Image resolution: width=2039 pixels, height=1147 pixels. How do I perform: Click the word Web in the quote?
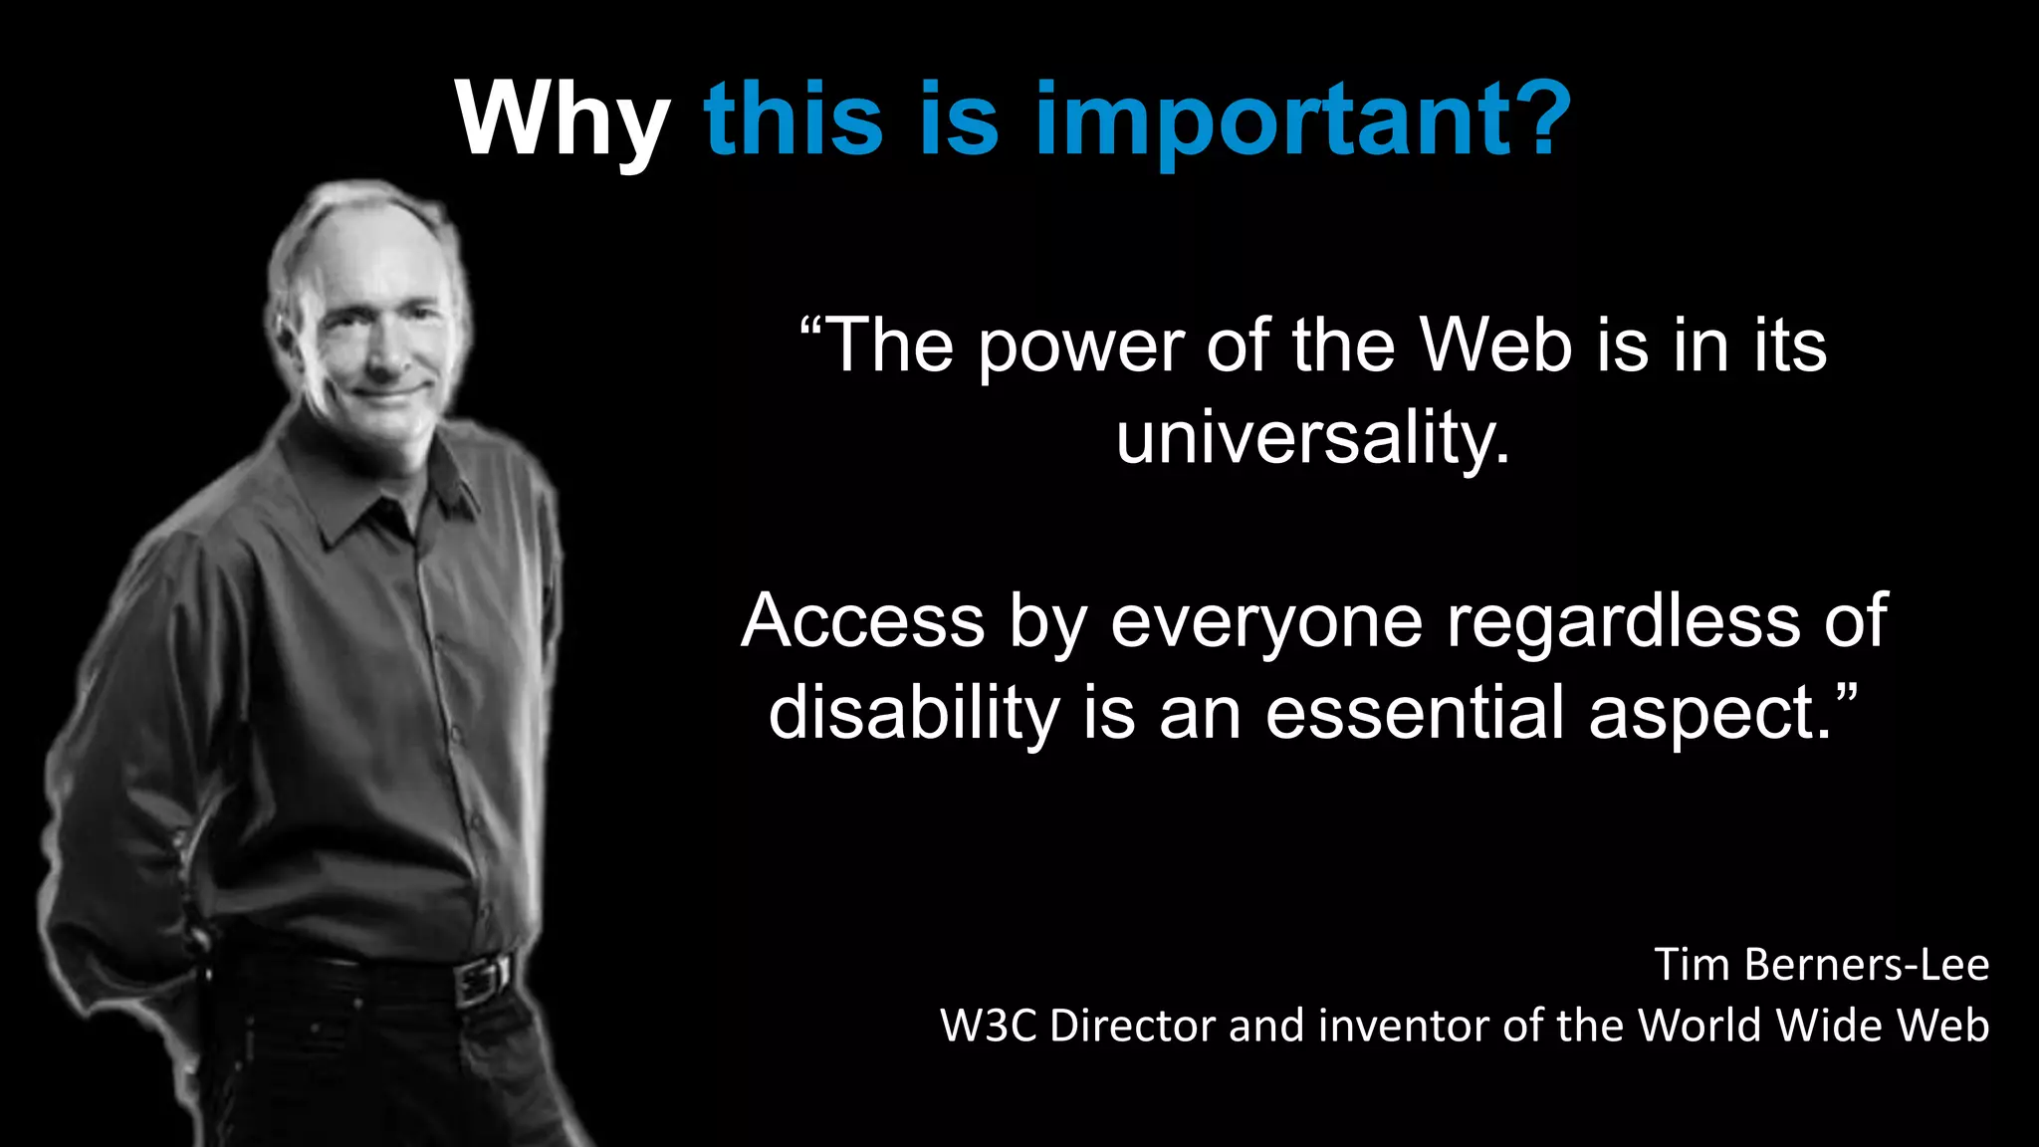[1496, 345]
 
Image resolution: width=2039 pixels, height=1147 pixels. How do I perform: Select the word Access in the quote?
[862, 620]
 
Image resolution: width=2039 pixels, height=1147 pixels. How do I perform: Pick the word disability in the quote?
[914, 713]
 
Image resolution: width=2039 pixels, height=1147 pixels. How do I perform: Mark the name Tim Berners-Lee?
[1821, 964]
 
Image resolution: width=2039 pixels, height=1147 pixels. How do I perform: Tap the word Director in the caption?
[1132, 1026]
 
